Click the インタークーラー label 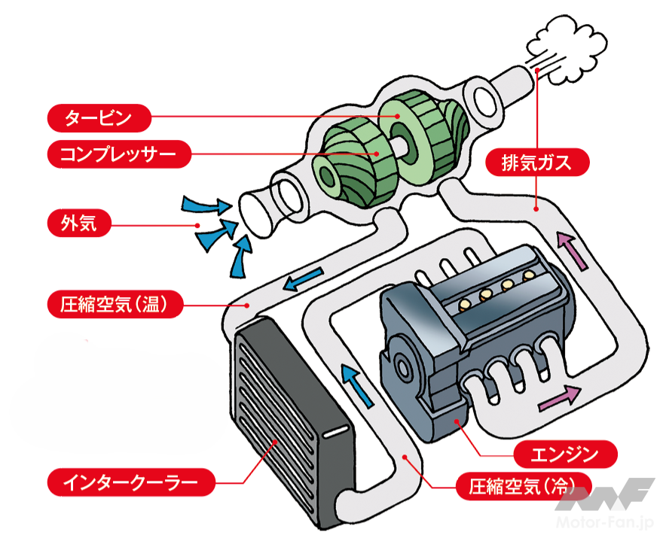(129, 479)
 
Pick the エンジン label (564, 454)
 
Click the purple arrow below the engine (561, 397)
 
